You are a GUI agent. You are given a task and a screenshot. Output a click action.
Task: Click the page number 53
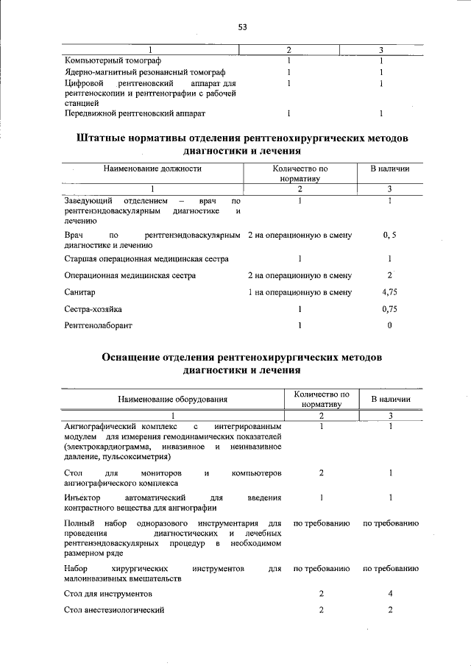pos(241,27)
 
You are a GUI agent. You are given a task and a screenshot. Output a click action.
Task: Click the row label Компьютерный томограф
pos(112,60)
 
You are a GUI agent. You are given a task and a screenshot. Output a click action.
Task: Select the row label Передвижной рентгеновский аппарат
pos(135,113)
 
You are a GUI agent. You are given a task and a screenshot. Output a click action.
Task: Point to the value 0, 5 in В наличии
pos(390,235)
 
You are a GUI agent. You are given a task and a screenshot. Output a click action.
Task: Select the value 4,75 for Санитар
pos(390,292)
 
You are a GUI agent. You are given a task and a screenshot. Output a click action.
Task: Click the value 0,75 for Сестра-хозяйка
pos(390,309)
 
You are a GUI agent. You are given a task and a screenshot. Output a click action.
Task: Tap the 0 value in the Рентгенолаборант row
pos(390,325)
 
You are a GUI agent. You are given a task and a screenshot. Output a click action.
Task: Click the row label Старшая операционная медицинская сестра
pos(146,259)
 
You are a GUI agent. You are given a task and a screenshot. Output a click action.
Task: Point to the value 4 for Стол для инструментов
pos(390,593)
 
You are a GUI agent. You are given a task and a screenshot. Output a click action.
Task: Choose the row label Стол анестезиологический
pos(113,610)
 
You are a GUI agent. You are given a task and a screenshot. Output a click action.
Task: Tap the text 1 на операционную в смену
pos(300,292)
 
